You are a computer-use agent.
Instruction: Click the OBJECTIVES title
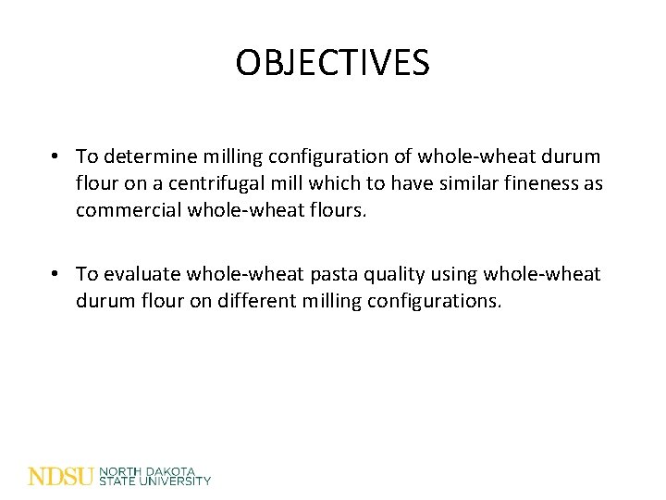[x=332, y=63]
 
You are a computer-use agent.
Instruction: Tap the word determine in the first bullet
[x=151, y=156]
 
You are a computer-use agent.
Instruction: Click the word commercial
[x=128, y=210]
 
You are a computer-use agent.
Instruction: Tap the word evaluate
[x=144, y=274]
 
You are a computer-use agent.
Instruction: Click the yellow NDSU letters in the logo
[x=61, y=476]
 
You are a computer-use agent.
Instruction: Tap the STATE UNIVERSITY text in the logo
[x=154, y=481]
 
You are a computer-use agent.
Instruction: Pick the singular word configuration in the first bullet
[x=315, y=156]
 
